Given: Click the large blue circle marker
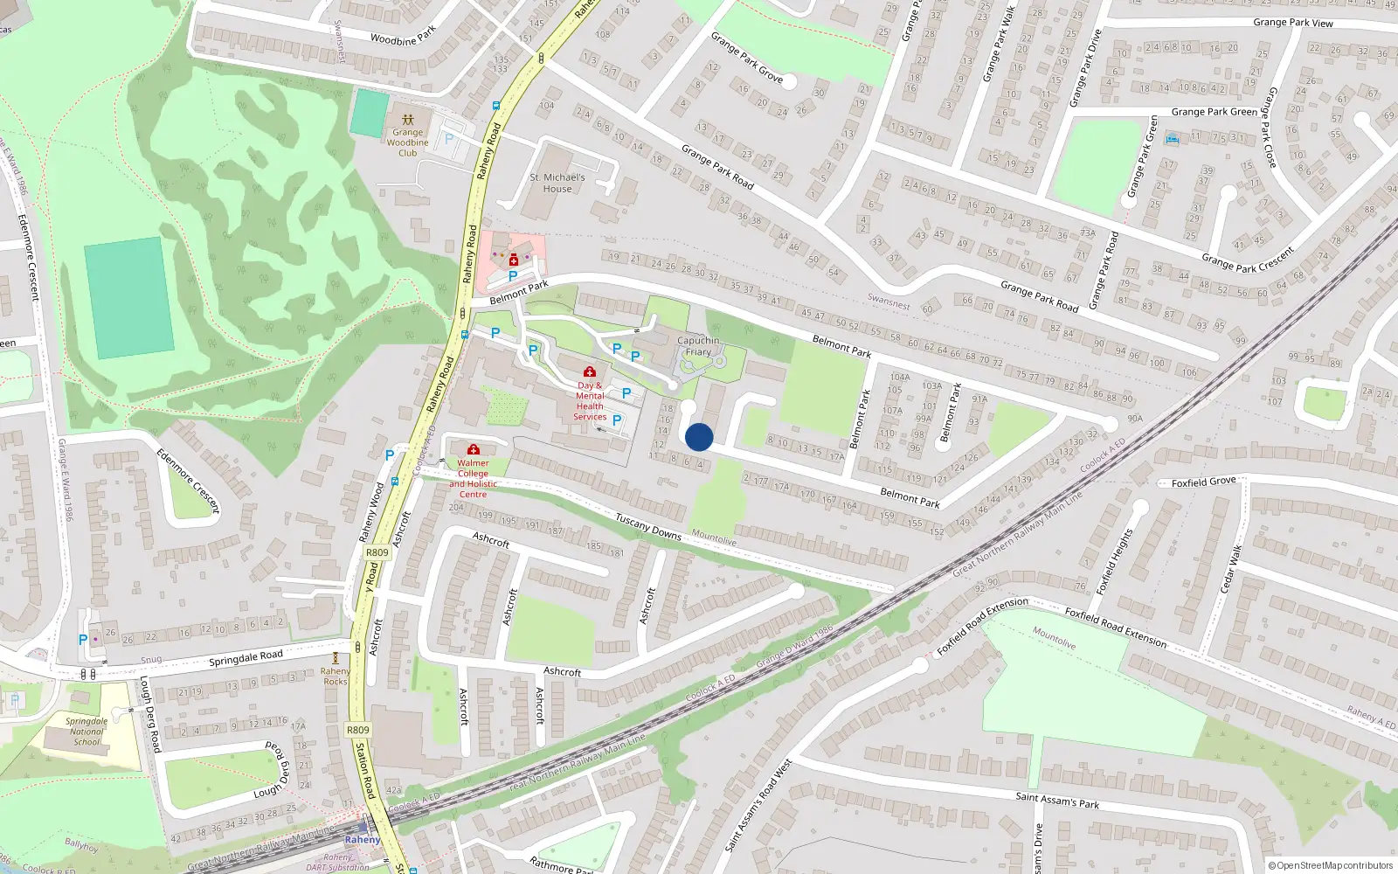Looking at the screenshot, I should tap(699, 437).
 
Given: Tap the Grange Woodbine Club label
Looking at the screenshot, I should tap(407, 142).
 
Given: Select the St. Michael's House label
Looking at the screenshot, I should tap(557, 183).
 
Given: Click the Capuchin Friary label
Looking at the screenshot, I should tap(698, 346).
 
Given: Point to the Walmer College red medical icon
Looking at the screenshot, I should tap(474, 449).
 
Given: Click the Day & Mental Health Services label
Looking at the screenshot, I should tap(590, 401).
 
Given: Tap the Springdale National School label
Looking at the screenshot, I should tap(87, 732).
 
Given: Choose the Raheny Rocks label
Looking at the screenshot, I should tap(336, 676).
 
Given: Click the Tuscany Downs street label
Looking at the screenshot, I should tap(647, 526).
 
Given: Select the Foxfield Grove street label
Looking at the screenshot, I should tap(1203, 482).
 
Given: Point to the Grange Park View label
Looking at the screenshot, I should tap(1292, 23).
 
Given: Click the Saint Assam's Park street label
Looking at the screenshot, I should tap(1057, 800).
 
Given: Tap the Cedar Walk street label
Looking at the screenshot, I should tap(1230, 567).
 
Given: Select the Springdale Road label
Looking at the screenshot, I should tap(246, 658).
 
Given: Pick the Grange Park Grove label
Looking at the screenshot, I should tap(746, 58).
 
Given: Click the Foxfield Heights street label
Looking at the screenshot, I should tap(1114, 562).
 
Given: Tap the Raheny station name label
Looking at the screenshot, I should tap(362, 840).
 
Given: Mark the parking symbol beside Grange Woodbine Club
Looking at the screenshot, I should tap(449, 138).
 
